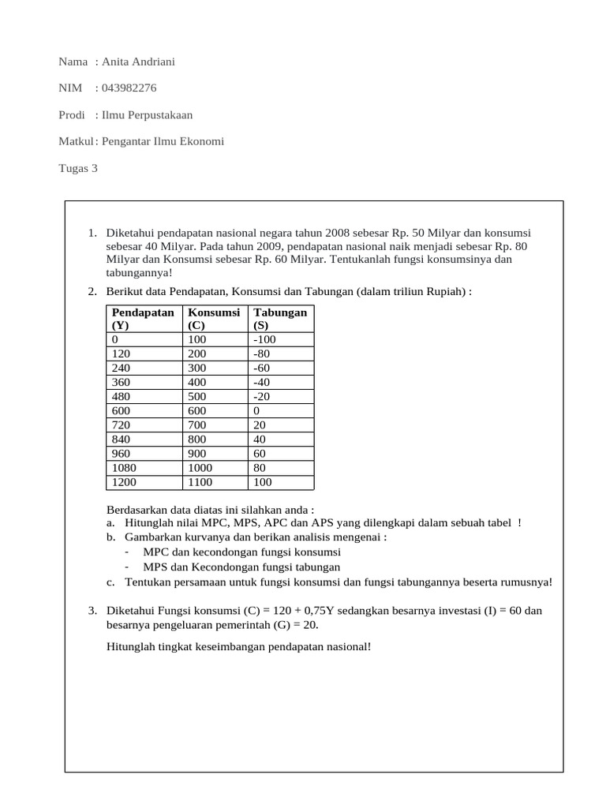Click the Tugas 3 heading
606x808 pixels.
tap(78, 168)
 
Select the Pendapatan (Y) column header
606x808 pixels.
tap(143, 319)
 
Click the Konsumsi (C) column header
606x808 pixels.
tap(214, 319)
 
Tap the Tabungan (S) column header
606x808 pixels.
tap(280, 319)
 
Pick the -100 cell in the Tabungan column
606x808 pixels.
tap(265, 340)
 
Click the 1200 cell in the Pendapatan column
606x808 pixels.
tap(125, 482)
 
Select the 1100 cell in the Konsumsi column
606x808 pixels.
tap(201, 482)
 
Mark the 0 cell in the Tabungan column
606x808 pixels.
tap(256, 411)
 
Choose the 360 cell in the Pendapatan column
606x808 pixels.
tap(122, 383)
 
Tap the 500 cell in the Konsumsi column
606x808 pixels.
tap(197, 397)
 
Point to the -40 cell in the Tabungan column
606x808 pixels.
tap(263, 383)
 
